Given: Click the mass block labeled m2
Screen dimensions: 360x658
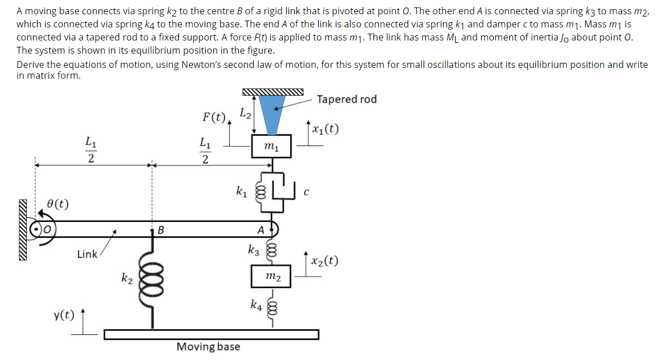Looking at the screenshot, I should (x=272, y=276).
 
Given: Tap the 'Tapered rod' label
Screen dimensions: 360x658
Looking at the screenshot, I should (x=346, y=99).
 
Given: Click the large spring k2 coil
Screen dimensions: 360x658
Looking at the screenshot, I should (x=152, y=280).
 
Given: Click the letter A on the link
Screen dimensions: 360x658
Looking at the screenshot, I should (x=260, y=230).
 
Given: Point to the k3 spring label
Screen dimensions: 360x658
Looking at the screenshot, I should (x=253, y=249).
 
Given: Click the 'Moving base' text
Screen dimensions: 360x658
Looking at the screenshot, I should (x=208, y=346).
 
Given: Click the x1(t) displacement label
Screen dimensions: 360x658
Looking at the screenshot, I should (x=326, y=128).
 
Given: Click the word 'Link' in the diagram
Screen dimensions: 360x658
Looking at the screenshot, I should (x=87, y=254).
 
